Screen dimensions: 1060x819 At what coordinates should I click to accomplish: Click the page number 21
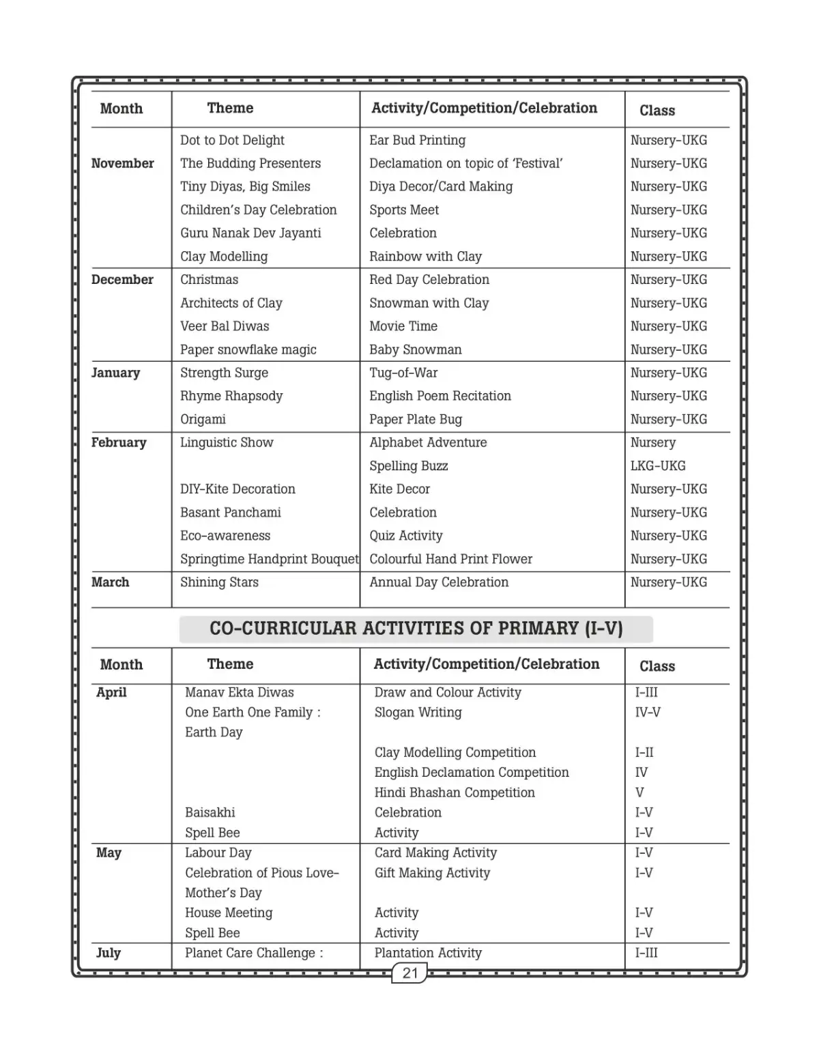(409, 973)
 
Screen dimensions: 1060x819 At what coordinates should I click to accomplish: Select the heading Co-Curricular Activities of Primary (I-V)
(416, 629)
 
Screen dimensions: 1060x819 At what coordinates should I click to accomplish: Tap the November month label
(123, 163)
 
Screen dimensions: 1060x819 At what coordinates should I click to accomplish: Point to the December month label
(122, 280)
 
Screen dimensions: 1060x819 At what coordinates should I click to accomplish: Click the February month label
(119, 442)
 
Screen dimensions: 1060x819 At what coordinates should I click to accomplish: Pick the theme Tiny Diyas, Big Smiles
(245, 186)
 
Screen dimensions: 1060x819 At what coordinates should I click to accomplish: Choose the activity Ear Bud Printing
(417, 140)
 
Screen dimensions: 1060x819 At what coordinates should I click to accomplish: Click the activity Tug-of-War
(403, 373)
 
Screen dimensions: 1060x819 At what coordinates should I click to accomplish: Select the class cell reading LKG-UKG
(657, 465)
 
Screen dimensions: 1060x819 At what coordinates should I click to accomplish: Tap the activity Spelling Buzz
(408, 465)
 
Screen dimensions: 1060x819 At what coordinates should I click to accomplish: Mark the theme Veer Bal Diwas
(225, 326)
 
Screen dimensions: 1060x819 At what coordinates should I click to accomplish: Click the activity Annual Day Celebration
(439, 582)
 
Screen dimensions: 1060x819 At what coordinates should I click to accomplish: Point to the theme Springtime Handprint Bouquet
(269, 559)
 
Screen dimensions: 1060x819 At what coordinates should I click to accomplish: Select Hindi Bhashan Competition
(455, 792)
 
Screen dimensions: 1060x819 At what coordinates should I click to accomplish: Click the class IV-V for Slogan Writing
(648, 712)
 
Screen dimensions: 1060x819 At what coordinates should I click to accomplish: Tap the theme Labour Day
(218, 853)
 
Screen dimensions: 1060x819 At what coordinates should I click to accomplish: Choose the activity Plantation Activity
(428, 953)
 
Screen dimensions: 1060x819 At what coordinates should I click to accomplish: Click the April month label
(111, 692)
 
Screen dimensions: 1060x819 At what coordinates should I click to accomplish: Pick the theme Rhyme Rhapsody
(231, 396)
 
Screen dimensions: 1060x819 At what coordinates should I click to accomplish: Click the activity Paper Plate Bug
(416, 419)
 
